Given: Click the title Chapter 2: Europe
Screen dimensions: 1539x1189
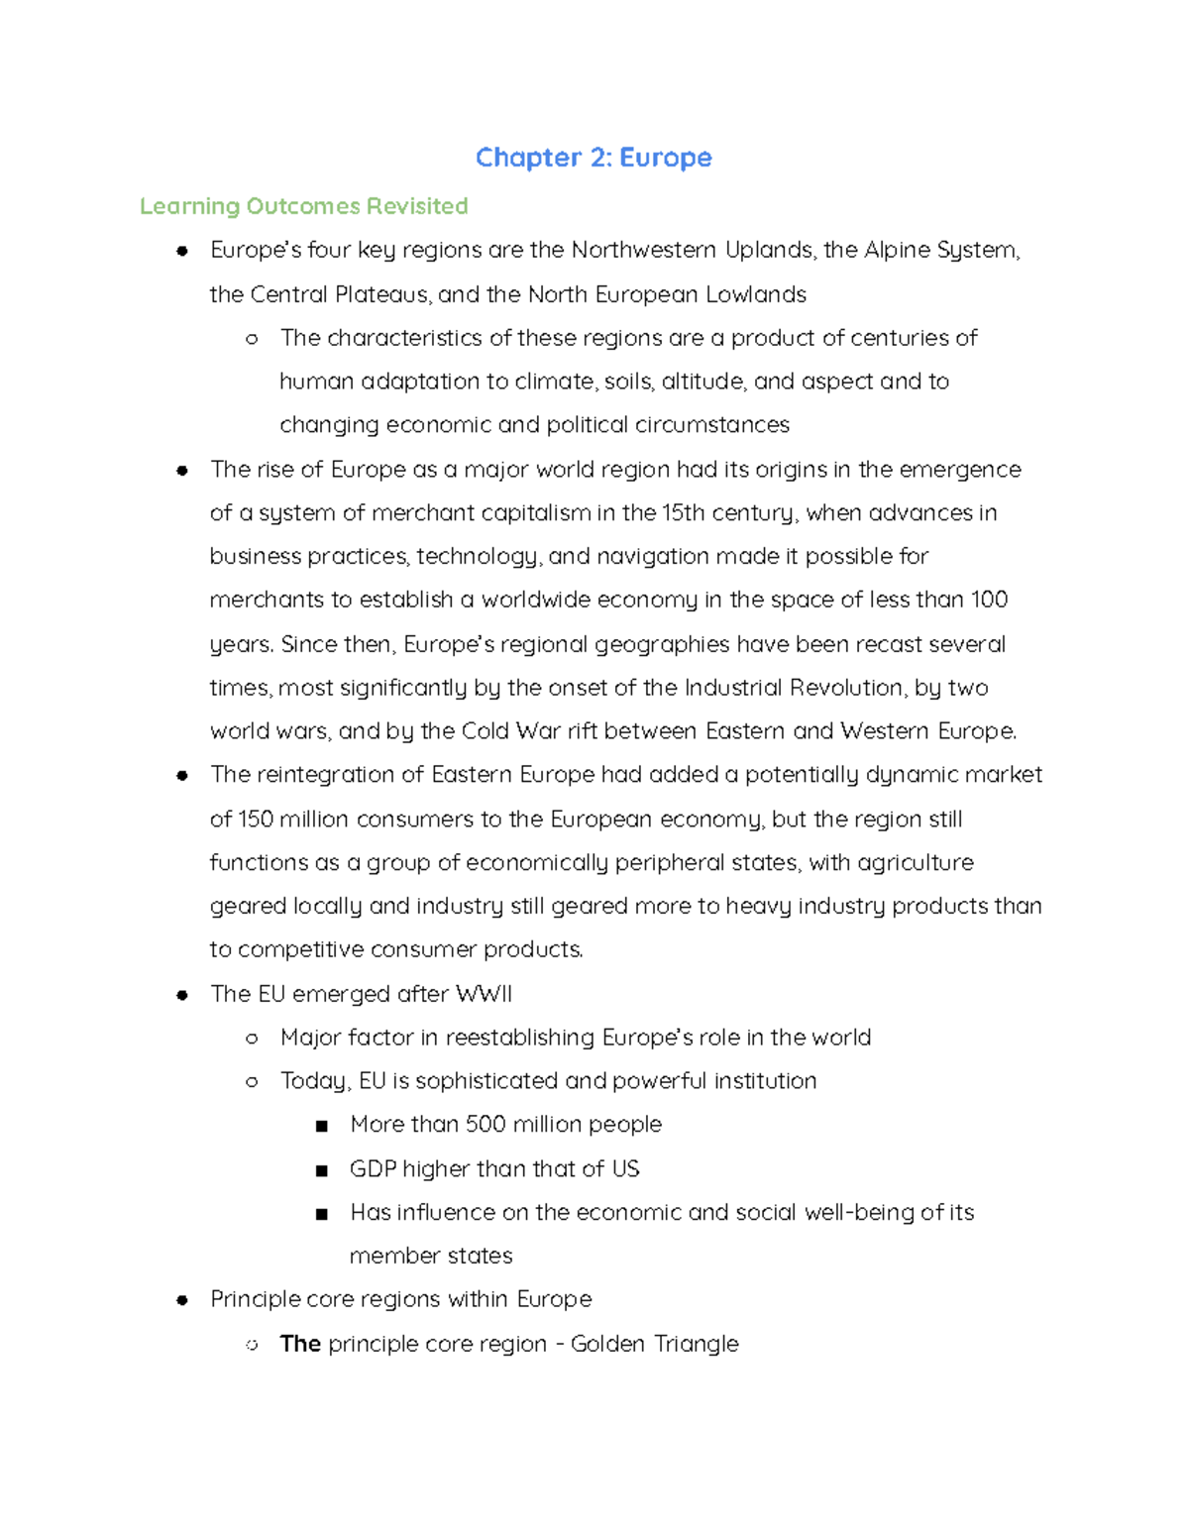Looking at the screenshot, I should click(594, 158).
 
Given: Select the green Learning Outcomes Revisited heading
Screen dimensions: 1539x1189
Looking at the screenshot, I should click(303, 206).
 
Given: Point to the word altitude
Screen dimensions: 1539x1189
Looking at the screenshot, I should click(703, 382).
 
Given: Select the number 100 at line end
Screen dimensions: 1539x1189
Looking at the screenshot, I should click(989, 600).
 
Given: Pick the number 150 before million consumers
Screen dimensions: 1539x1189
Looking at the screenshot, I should click(255, 820).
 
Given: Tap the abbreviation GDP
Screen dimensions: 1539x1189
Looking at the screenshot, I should click(373, 1168).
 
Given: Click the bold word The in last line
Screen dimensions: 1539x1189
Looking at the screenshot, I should click(300, 1344).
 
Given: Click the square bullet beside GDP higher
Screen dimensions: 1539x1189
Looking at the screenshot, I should click(321, 1170).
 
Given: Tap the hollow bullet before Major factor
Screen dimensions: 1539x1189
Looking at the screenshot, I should click(252, 1039).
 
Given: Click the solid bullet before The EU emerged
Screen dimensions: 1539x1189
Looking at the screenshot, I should click(182, 995).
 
